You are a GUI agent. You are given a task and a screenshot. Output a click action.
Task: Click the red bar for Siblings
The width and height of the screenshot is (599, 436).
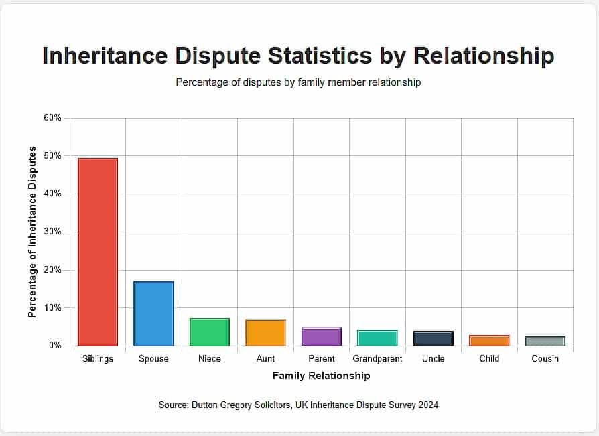click(98, 252)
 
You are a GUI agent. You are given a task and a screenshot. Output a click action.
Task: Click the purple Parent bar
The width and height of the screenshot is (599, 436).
click(322, 337)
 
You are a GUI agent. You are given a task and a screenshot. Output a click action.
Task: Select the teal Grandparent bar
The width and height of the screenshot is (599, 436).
click(377, 338)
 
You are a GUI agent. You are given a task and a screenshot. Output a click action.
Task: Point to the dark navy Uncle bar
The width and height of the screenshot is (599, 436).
click(434, 338)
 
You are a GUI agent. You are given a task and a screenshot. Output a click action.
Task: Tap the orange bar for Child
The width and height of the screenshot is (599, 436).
click(489, 340)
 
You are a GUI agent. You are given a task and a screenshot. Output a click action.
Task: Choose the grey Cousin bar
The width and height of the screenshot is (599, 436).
click(545, 341)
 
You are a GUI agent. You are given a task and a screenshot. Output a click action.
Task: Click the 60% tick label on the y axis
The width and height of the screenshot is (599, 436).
click(52, 118)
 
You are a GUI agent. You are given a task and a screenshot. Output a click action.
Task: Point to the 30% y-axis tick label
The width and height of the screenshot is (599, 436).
click(52, 232)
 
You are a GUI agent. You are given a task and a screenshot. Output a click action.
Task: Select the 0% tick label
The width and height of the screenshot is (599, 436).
click(55, 346)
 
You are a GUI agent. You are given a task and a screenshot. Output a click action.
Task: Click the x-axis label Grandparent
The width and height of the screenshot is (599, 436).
click(377, 359)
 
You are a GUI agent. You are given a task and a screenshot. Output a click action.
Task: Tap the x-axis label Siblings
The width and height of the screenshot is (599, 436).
click(98, 359)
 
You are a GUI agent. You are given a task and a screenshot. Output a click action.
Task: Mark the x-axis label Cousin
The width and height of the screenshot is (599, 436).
click(545, 359)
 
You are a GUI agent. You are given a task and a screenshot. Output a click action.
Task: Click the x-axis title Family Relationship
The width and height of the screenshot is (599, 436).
click(321, 376)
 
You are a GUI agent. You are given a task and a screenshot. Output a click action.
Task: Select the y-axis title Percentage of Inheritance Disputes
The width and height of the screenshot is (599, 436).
click(32, 231)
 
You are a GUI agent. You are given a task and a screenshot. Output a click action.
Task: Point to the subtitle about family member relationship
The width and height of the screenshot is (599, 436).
click(298, 83)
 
